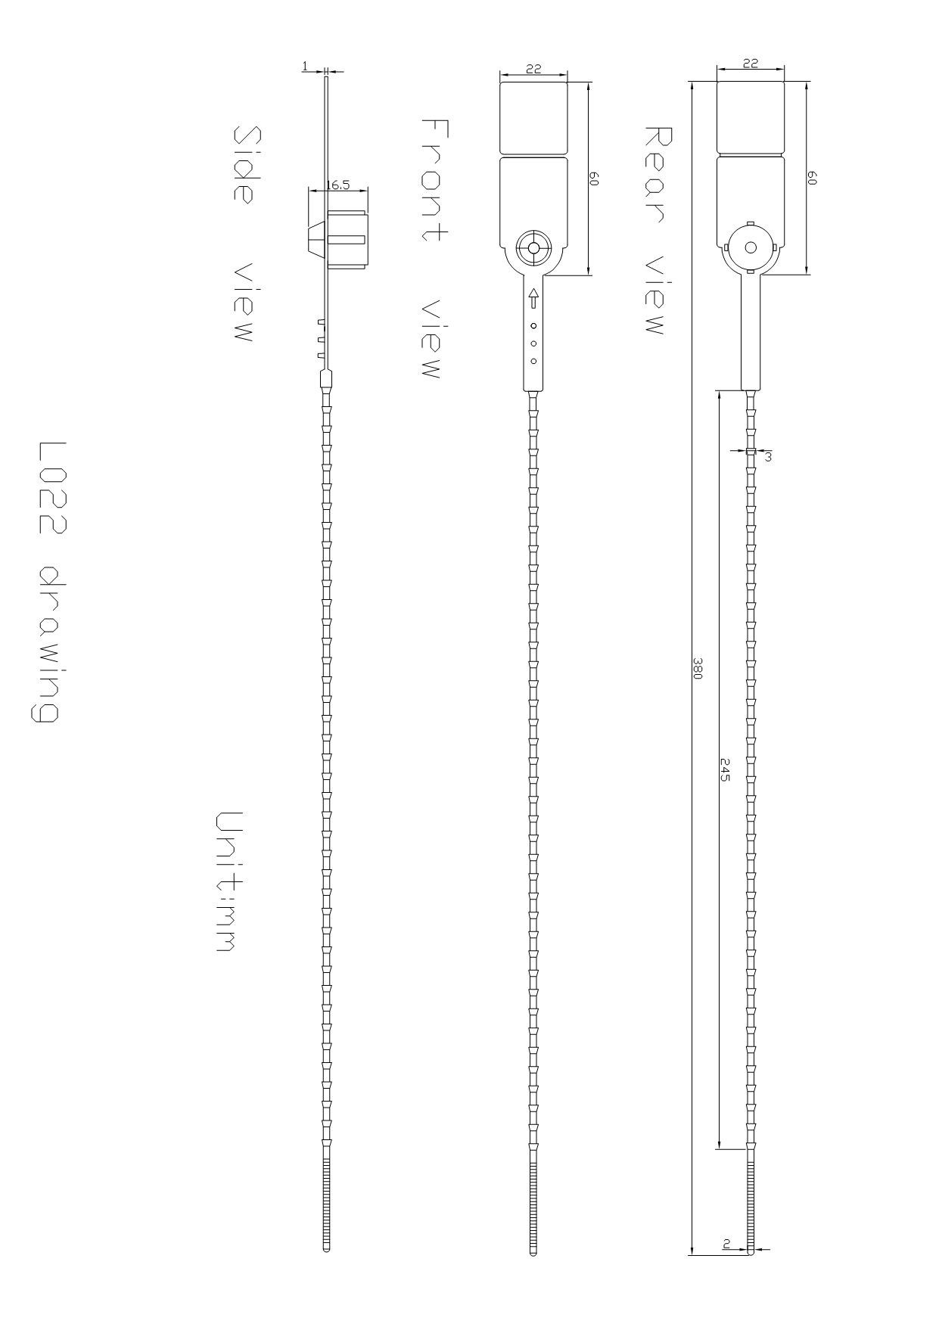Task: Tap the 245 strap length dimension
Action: point(724,769)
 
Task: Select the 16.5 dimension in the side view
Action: point(337,184)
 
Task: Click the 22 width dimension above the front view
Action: point(533,68)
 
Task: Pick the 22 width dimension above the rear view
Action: point(750,64)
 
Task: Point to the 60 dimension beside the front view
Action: point(594,179)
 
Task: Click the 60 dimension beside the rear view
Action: point(812,178)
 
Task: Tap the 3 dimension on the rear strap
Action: point(768,456)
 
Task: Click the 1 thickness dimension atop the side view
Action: point(305,67)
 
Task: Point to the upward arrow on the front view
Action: point(533,298)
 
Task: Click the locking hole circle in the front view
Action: point(533,247)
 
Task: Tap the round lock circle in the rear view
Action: point(751,247)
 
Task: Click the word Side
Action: point(244,164)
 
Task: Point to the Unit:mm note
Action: point(227,881)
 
